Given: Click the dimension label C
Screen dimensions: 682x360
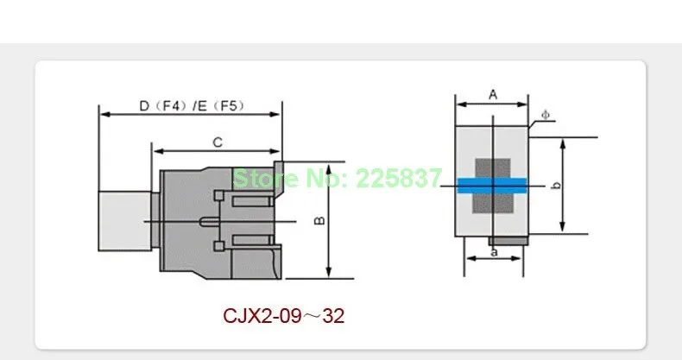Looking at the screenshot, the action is point(218,142).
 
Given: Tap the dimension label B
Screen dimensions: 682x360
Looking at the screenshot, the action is point(319,221).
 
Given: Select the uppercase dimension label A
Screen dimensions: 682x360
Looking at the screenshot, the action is point(493,94).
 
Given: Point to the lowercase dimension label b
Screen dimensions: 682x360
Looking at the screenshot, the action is point(556,186).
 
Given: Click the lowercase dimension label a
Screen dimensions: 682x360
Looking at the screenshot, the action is point(494,252).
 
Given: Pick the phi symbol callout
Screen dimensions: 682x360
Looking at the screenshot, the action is point(546,114).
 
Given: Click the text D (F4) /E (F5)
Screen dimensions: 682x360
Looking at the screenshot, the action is point(192,106).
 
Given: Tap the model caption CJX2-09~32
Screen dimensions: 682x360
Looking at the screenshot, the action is point(283,316).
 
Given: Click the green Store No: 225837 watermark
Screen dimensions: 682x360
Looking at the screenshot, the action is point(338,178).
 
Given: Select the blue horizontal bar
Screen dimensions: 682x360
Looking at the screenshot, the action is point(492,186).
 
